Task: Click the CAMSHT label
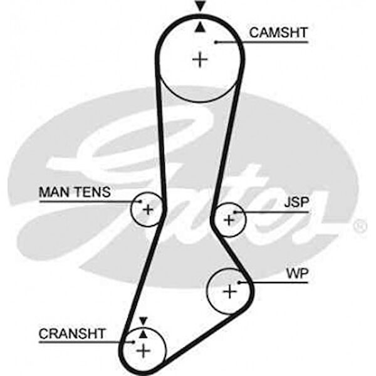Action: [x=278, y=32]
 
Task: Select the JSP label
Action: [x=296, y=202]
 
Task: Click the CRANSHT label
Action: [x=72, y=333]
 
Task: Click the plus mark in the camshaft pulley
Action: [x=200, y=60]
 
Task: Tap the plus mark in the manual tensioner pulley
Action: [x=148, y=209]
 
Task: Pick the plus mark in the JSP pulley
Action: [x=229, y=220]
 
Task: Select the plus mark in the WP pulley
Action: [x=231, y=291]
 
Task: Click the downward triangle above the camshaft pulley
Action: [x=200, y=6]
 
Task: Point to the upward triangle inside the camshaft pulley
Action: [x=200, y=26]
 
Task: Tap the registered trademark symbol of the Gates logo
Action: [x=360, y=226]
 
